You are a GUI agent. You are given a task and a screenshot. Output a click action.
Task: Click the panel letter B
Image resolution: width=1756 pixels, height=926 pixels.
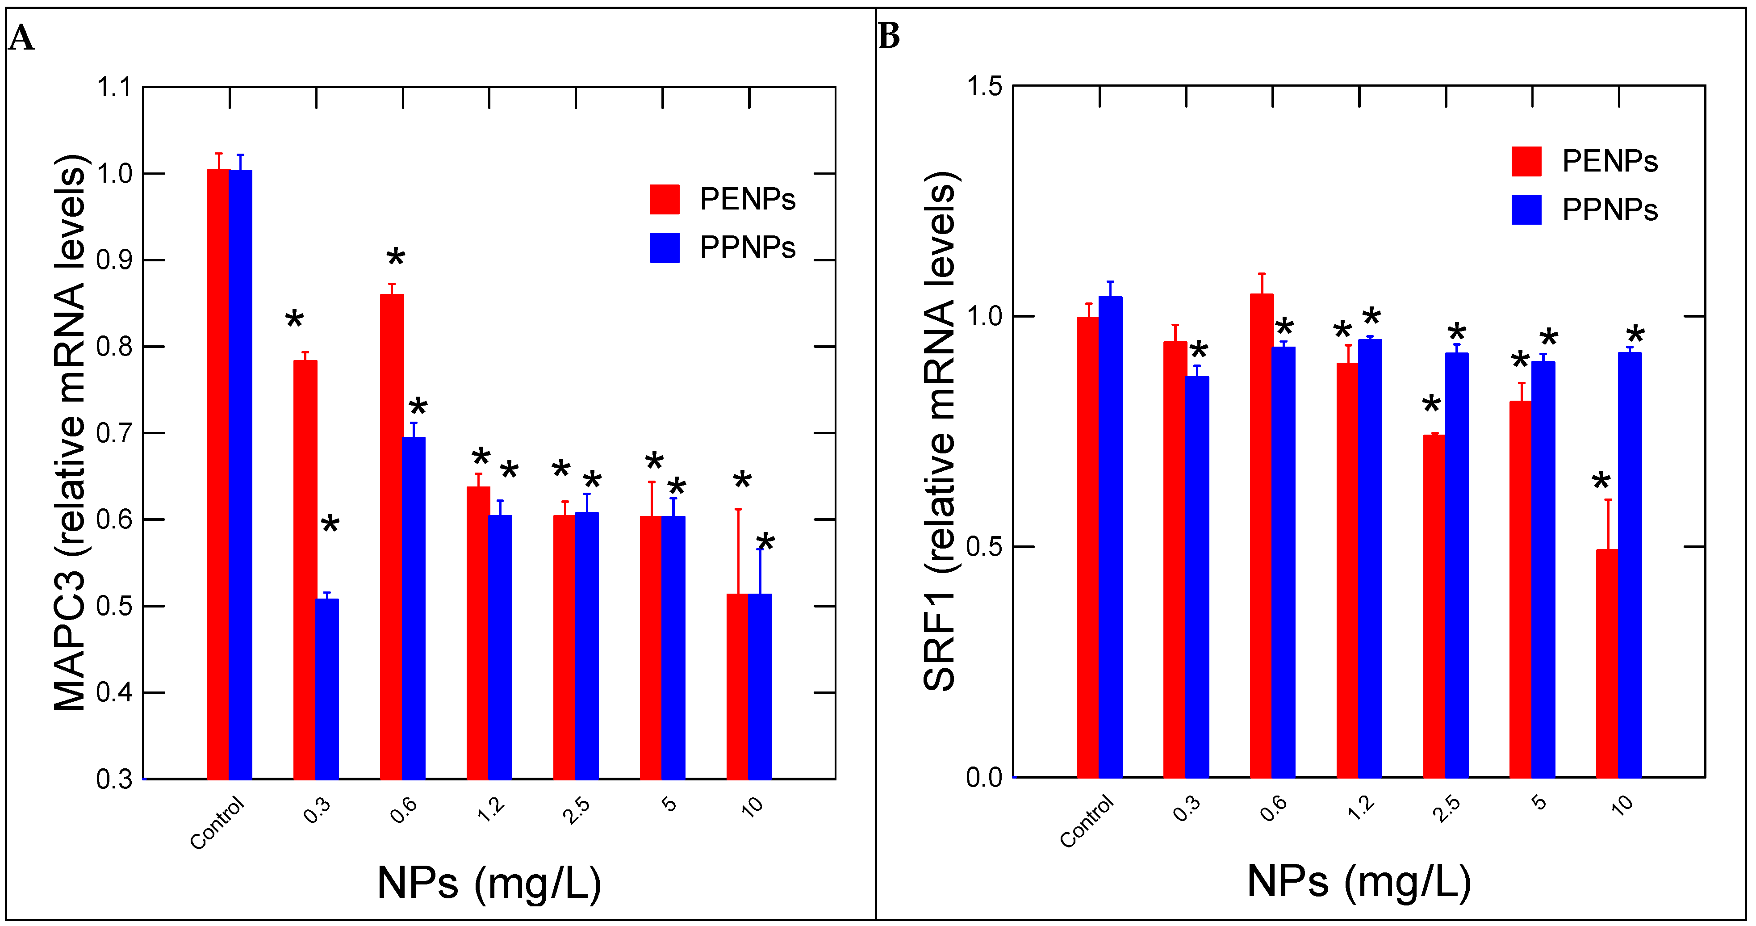point(889,36)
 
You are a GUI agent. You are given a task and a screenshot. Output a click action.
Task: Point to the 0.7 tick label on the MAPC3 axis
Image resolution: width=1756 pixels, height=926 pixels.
point(114,433)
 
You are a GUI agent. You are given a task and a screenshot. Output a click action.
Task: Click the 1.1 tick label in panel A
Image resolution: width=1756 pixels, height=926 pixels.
point(114,87)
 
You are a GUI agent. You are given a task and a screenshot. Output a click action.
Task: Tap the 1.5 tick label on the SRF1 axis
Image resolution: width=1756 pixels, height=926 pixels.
point(984,87)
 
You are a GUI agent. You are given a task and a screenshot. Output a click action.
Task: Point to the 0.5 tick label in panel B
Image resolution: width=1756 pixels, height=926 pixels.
point(984,547)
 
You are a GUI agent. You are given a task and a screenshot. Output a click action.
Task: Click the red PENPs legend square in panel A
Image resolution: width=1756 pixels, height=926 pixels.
point(664,199)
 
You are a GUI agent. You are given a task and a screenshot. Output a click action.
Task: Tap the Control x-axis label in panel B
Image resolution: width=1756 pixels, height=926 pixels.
point(1086,821)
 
